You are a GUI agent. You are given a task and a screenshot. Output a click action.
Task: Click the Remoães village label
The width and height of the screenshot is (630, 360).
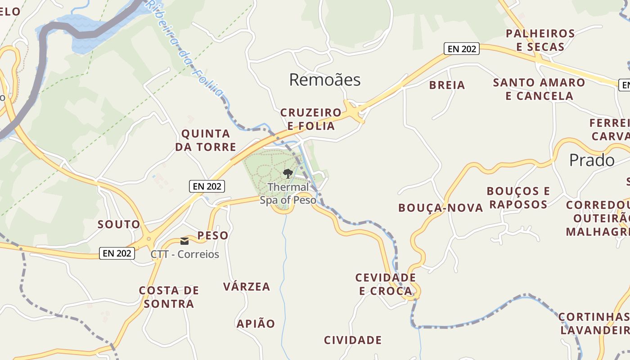click(x=324, y=80)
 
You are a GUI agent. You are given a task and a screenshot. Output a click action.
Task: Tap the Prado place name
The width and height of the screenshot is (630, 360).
click(x=591, y=160)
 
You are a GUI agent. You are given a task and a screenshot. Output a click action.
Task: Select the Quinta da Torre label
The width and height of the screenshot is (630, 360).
click(x=206, y=140)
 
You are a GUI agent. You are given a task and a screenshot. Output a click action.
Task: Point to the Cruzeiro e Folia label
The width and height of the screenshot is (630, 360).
click(x=311, y=119)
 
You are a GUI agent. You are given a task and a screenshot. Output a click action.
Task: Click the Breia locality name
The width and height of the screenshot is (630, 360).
click(x=447, y=85)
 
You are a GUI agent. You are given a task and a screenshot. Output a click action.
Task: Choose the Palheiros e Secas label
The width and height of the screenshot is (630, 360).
click(x=540, y=40)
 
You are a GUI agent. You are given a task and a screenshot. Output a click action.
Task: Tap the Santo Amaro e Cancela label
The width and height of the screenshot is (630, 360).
click(x=539, y=89)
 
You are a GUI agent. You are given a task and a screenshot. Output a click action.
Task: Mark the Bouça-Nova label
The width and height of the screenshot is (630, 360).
click(x=441, y=207)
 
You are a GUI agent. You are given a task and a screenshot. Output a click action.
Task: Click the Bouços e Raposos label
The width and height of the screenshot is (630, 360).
click(x=518, y=198)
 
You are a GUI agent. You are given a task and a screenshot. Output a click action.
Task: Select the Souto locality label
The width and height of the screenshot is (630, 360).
click(x=119, y=224)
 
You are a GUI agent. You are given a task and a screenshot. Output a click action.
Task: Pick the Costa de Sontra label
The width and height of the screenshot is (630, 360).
click(x=169, y=297)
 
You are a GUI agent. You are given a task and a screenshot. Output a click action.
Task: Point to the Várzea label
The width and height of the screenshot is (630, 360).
click(x=247, y=287)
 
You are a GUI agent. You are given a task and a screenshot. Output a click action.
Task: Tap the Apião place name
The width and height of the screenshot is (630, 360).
click(x=256, y=324)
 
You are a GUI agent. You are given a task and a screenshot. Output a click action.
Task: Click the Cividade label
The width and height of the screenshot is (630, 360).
click(x=353, y=340)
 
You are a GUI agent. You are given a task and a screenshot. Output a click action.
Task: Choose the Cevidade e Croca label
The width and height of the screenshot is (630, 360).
click(x=386, y=284)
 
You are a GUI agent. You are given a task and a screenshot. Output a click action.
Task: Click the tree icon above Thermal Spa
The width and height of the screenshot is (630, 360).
click(x=288, y=173)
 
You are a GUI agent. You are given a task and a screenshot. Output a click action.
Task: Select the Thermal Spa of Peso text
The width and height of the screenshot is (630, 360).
click(x=288, y=193)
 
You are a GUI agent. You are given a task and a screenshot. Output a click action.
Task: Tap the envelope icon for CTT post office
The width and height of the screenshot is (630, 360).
click(x=184, y=241)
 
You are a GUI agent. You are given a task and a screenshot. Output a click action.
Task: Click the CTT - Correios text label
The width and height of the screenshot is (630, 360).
click(x=185, y=254)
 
